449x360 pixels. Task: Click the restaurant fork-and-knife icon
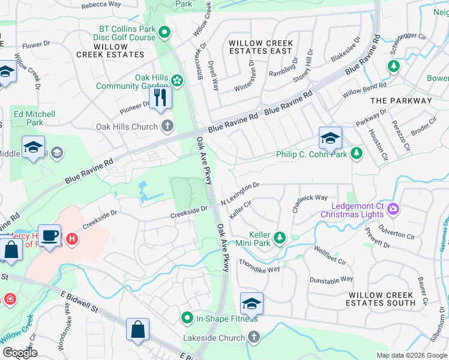coord(160,97)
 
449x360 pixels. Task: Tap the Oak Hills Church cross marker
coord(167,127)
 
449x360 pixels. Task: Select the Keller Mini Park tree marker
coord(279,239)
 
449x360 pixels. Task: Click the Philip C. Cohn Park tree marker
coord(357,154)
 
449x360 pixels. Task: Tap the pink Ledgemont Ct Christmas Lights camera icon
coord(394,209)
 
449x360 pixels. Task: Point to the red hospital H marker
coord(72,239)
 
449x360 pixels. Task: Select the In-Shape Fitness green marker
coord(187,318)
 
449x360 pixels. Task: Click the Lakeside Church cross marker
coord(253,338)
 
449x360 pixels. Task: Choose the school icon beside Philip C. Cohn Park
coord(330,139)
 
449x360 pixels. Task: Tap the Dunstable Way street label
coord(331,280)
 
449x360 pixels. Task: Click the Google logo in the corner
coord(20,352)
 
